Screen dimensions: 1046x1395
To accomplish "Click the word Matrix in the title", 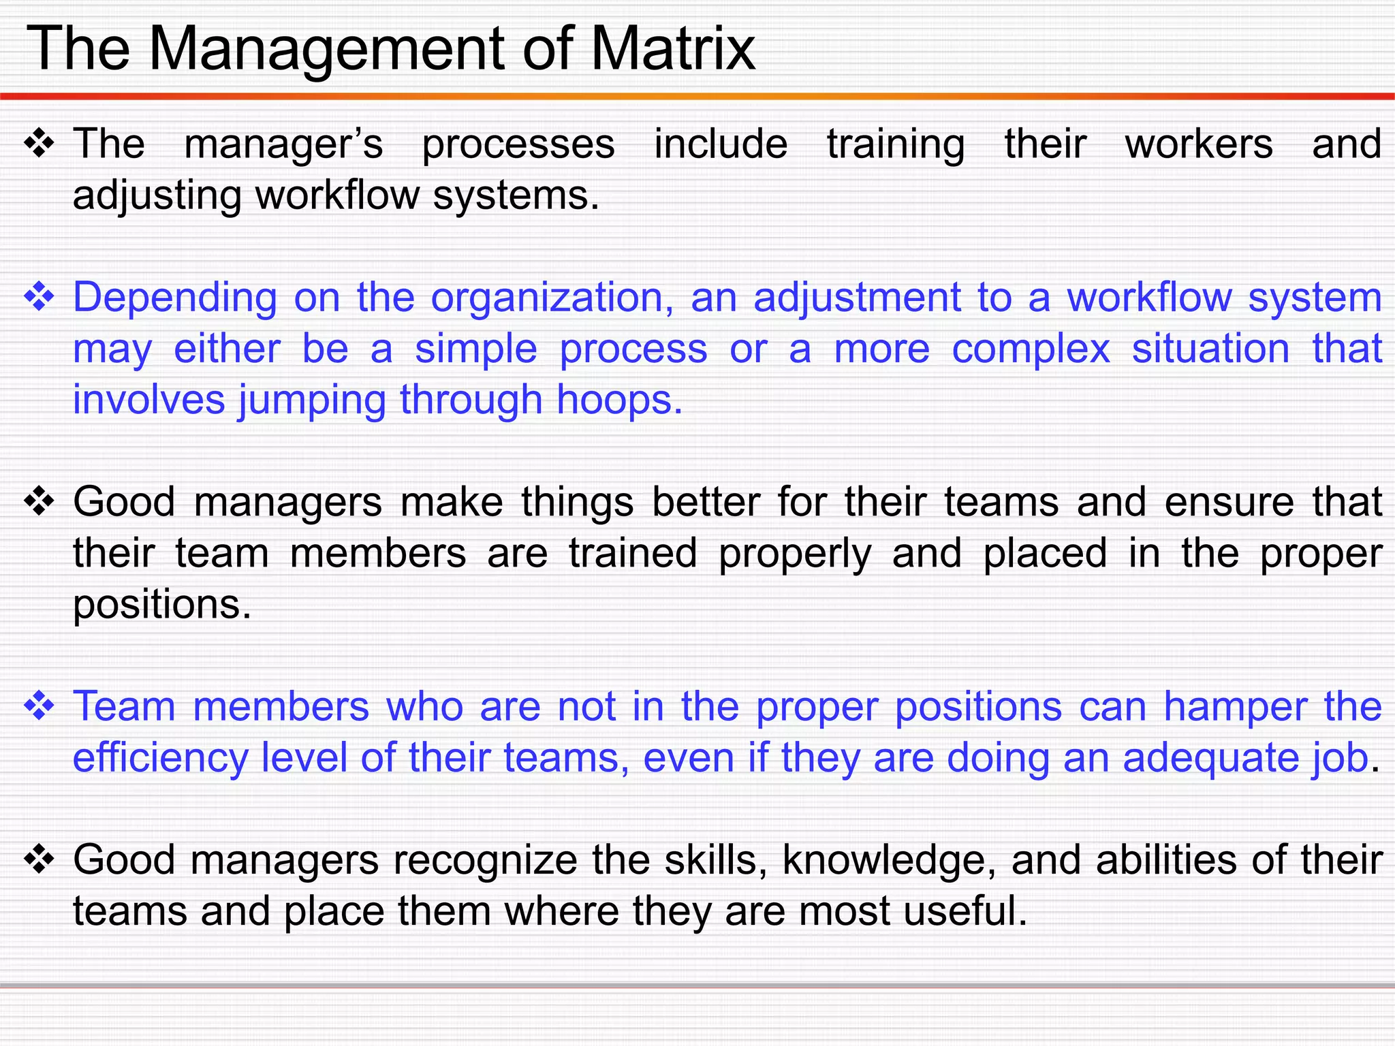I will pos(672,49).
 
